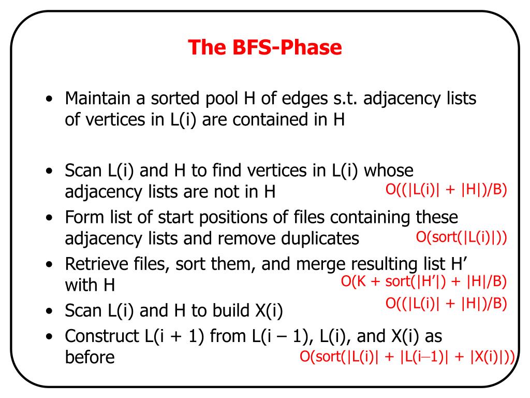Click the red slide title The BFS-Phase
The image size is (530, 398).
point(264,48)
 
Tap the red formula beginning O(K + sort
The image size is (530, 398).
point(423,282)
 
